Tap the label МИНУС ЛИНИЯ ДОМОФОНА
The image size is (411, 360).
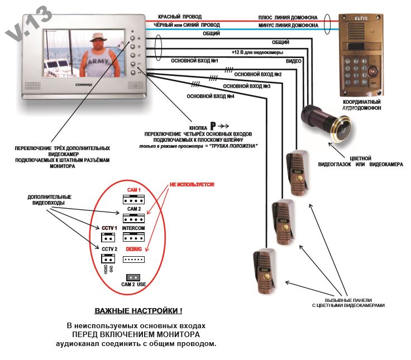coord(288,26)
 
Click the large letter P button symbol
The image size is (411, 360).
coord(213,126)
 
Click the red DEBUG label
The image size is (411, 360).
coord(133,249)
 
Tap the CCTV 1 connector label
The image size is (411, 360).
coord(109,228)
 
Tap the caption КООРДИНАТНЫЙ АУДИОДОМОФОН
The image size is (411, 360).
coord(361,105)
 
